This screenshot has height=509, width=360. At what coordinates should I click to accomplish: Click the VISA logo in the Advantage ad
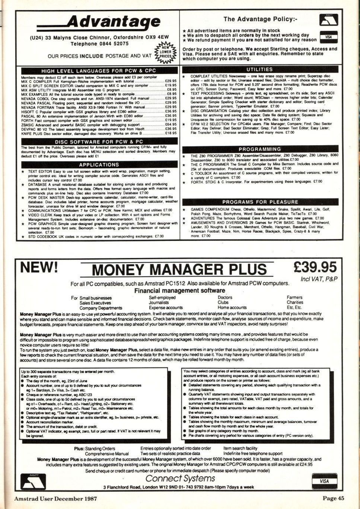[328, 37]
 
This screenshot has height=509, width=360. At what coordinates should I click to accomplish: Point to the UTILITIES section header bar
[259, 69]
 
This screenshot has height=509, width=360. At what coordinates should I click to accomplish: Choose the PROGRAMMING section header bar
[259, 149]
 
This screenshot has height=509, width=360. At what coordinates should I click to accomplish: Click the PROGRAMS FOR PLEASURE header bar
[259, 202]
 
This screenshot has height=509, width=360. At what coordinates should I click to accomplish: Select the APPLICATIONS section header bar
[99, 164]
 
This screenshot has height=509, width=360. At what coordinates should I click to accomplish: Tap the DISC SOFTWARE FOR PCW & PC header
[99, 141]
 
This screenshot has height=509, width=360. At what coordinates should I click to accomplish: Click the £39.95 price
[315, 267]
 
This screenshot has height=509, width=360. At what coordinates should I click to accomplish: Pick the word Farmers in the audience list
[295, 298]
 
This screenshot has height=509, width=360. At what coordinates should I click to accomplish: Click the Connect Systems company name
[180, 478]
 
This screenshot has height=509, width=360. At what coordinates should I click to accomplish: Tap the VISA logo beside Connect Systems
[324, 481]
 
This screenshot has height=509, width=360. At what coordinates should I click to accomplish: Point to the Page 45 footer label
[333, 499]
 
